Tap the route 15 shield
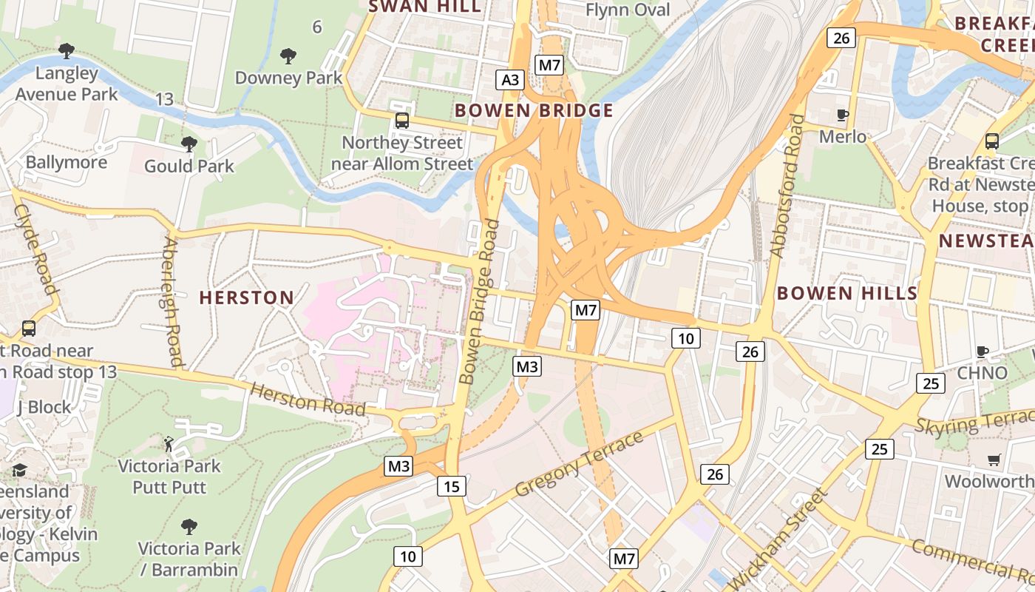(452, 486)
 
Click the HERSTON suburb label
(247, 297)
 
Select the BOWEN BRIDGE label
(534, 111)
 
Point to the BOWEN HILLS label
(846, 293)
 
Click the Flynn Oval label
(628, 10)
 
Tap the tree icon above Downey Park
(288, 55)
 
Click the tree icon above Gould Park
(189, 144)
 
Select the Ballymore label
(67, 162)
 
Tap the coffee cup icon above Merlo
(842, 115)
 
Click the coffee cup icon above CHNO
(982, 351)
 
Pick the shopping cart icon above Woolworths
(994, 460)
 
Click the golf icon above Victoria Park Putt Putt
(169, 444)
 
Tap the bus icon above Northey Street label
(401, 120)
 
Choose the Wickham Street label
(776, 539)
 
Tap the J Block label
(44, 407)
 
